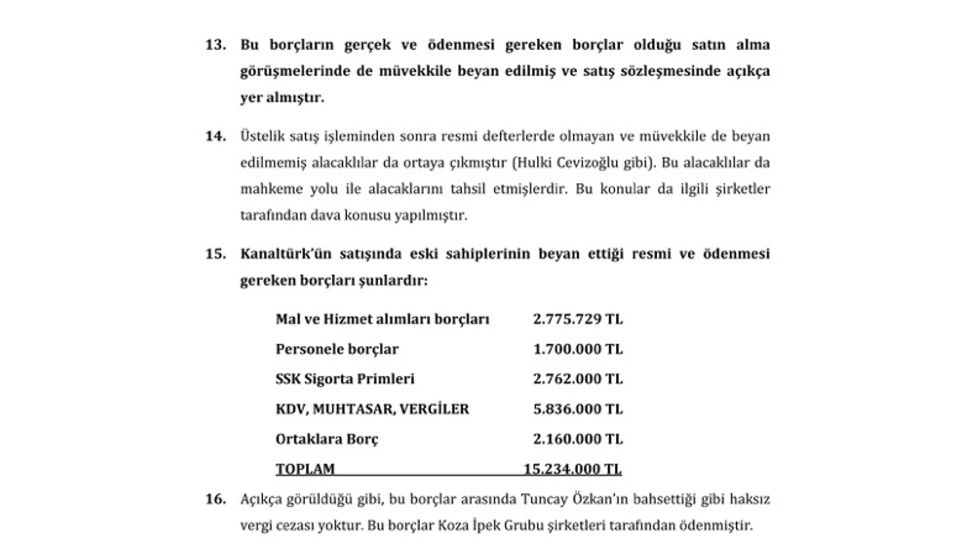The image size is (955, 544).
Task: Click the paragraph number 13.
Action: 215,45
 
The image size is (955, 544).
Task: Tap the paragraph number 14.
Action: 215,136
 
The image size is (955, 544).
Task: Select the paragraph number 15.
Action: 215,254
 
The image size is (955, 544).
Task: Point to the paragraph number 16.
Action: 215,499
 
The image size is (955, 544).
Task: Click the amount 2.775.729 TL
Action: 577,319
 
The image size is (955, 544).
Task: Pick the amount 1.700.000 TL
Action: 577,349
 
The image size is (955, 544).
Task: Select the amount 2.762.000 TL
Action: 577,379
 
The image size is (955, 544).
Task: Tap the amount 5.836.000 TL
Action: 577,409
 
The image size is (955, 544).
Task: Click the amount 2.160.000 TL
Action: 577,439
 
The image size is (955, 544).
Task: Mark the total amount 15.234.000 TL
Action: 572,469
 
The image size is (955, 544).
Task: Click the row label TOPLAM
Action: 305,469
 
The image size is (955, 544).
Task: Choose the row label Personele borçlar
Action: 337,349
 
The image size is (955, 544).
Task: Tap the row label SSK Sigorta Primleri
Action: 345,379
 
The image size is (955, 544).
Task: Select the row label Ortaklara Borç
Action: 327,439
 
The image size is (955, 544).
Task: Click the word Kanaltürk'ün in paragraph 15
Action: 283,254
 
